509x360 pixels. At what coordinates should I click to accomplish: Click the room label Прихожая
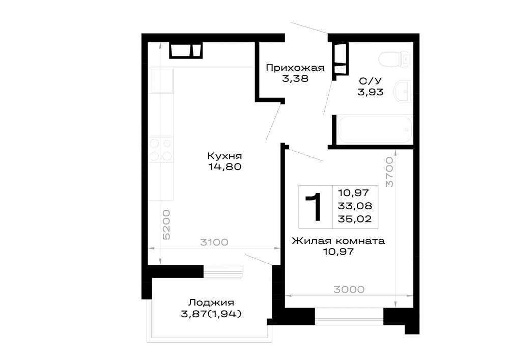[295, 68]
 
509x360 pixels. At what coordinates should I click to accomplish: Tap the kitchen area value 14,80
[224, 167]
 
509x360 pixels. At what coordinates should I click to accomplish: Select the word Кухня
[224, 156]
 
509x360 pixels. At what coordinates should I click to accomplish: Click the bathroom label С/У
[371, 81]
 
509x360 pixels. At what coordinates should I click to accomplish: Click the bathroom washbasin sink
[403, 91]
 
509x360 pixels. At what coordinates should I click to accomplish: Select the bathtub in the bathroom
[375, 130]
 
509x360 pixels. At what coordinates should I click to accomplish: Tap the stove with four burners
[161, 150]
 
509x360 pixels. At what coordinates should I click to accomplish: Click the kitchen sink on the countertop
[161, 80]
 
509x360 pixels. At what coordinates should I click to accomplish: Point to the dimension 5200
[166, 225]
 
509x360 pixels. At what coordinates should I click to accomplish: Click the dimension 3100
[214, 242]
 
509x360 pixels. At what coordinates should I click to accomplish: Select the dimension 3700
[389, 172]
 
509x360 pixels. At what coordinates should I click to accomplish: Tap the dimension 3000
[349, 289]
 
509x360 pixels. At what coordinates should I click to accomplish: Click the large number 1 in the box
[314, 207]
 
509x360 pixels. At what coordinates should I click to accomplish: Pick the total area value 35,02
[354, 219]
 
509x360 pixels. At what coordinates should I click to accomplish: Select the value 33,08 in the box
[355, 206]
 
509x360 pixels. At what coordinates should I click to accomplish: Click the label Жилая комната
[338, 241]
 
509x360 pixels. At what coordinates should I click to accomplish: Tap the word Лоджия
[211, 303]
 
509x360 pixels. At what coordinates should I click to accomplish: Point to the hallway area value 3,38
[295, 78]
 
